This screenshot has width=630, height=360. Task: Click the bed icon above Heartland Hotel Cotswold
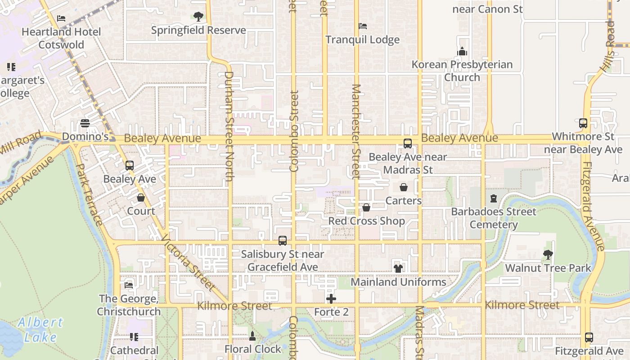61,18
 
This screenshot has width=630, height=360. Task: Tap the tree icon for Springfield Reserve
198,17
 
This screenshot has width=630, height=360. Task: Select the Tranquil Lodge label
362,40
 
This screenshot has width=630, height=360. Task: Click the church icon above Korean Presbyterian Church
462,52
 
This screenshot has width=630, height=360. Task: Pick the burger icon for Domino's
85,123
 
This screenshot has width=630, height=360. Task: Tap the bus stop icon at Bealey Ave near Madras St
408,144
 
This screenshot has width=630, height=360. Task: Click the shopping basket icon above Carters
404,187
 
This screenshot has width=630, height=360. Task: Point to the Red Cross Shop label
366,221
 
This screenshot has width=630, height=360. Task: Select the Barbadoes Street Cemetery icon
494,198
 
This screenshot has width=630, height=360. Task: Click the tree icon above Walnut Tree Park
548,255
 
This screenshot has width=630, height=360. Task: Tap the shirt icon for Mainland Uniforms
398,269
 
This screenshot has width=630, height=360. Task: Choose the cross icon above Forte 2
331,299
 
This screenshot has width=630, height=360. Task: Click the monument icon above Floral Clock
252,336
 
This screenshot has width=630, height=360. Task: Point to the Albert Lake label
40,330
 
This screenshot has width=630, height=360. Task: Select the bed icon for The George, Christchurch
129,285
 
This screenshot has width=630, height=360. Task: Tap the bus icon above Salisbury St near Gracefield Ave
283,241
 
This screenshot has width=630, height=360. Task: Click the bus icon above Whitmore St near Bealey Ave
583,123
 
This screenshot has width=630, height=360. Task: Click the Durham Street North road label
229,126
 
